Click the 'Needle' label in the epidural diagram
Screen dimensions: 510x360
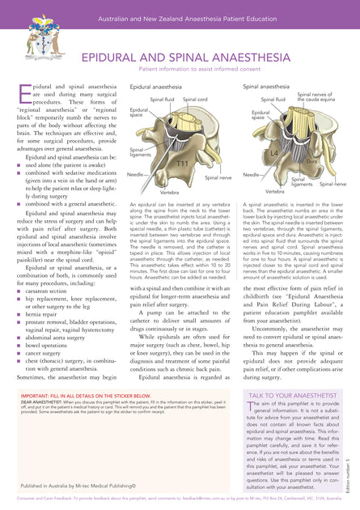pos(136,174)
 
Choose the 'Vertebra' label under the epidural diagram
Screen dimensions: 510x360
pos(169,193)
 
